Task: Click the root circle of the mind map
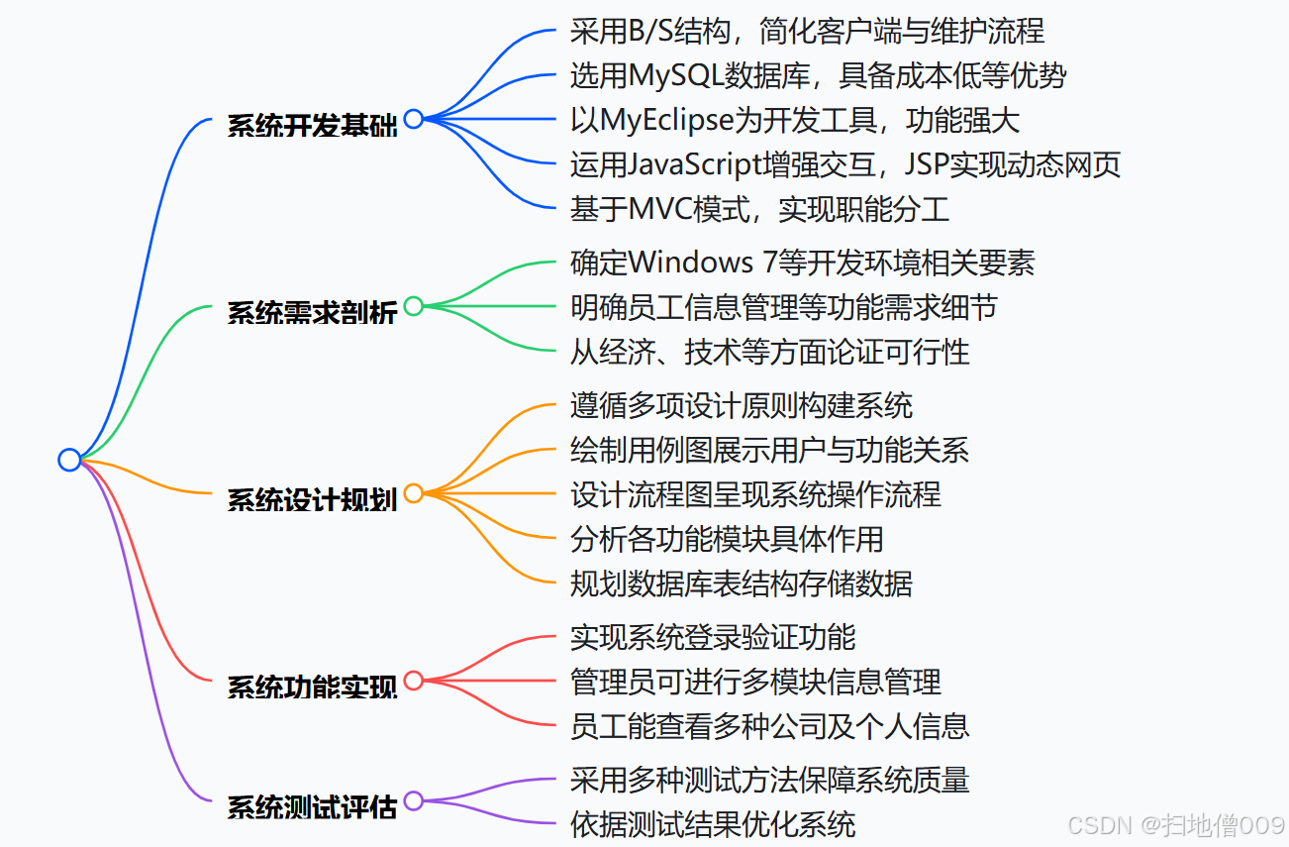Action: (68, 460)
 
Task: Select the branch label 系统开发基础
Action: (312, 126)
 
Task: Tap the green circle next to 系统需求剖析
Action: (414, 306)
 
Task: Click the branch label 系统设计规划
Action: (312, 499)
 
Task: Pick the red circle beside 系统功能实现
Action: (414, 681)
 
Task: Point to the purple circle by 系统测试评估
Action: (414, 800)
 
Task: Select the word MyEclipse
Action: (665, 120)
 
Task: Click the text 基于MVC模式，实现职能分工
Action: (759, 209)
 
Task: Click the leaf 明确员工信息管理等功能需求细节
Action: (783, 307)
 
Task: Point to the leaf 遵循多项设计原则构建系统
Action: (741, 405)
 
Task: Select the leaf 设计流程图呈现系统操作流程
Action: (755, 494)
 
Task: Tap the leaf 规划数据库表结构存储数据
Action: (741, 583)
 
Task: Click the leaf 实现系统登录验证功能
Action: (713, 637)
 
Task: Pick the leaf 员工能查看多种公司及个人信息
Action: (769, 726)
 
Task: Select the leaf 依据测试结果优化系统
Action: (713, 824)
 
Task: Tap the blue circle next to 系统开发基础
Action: (414, 119)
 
